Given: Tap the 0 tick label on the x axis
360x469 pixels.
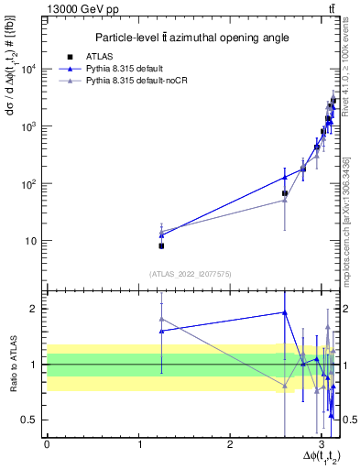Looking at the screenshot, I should point(47,446).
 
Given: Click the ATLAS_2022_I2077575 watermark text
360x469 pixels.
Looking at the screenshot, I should point(190,273).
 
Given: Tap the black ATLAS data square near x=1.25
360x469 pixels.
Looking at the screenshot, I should point(161,245).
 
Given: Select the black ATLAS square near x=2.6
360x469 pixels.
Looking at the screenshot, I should point(285,193).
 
